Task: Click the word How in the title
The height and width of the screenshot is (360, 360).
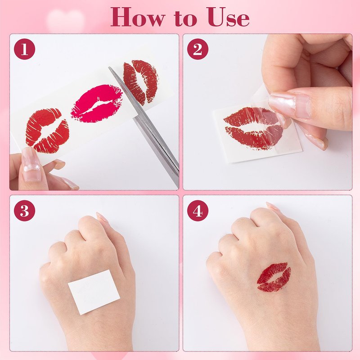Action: (138, 17)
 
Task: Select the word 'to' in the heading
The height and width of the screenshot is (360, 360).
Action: (185, 19)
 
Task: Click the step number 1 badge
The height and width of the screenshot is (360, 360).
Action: (25, 49)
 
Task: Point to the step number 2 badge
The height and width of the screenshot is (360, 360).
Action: (198, 49)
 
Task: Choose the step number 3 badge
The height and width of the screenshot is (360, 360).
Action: (25, 211)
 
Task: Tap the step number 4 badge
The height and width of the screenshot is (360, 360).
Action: (198, 211)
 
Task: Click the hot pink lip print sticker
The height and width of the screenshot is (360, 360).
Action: (97, 103)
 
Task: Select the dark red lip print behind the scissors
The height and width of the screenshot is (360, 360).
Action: (140, 81)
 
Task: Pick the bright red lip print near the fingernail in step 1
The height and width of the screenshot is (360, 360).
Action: (48, 130)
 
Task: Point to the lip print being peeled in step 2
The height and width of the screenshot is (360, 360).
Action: (253, 128)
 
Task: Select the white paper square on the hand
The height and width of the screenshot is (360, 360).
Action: (94, 292)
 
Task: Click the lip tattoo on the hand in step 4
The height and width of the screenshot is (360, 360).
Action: (274, 277)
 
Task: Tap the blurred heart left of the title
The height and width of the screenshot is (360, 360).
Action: (65, 21)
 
